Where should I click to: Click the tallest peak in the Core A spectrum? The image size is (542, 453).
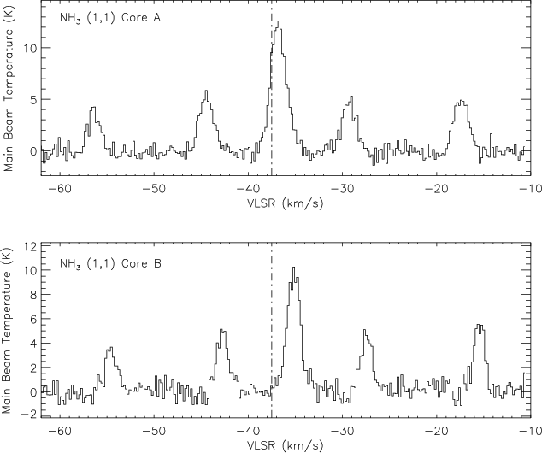tap(279, 22)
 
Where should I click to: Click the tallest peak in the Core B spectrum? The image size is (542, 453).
tap(293, 268)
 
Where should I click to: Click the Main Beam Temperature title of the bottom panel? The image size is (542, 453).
tap(8, 333)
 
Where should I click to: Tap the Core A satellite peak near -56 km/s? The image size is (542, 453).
tap(92, 108)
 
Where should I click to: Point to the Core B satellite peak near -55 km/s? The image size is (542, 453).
tap(110, 348)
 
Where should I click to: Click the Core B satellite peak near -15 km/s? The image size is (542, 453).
tap(480, 325)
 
